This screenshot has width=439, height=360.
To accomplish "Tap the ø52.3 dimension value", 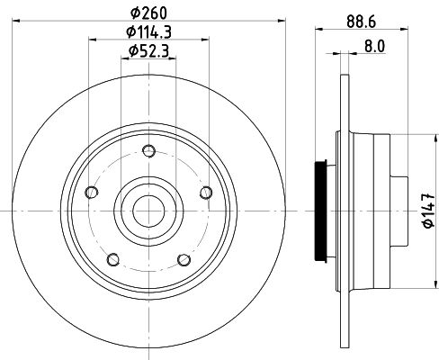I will point(148,50).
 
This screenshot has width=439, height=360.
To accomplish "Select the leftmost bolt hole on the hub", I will point(90,191).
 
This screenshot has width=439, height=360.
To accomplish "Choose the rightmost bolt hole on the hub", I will point(206,191).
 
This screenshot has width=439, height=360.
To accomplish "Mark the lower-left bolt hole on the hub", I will point(112,259).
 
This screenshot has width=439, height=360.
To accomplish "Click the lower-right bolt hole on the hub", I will point(184,259).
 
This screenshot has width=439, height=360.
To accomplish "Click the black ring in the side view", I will point(320,212).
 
